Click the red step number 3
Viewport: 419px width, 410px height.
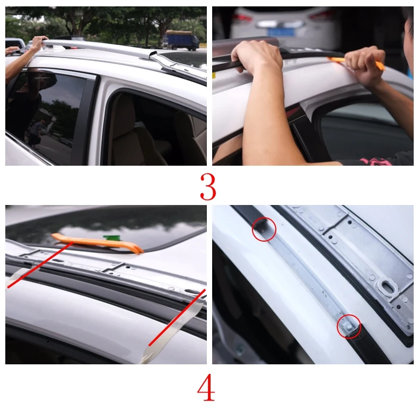(x=208, y=187)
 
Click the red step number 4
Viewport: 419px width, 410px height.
(x=206, y=387)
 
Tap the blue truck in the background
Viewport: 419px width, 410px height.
(x=182, y=40)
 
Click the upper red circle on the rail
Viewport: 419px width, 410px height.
(x=264, y=229)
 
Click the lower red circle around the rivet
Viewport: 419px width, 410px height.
(x=348, y=327)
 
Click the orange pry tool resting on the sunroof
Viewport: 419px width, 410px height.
(x=98, y=242)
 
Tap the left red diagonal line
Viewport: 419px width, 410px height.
(x=40, y=265)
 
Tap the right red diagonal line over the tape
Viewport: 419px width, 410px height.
(x=177, y=318)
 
